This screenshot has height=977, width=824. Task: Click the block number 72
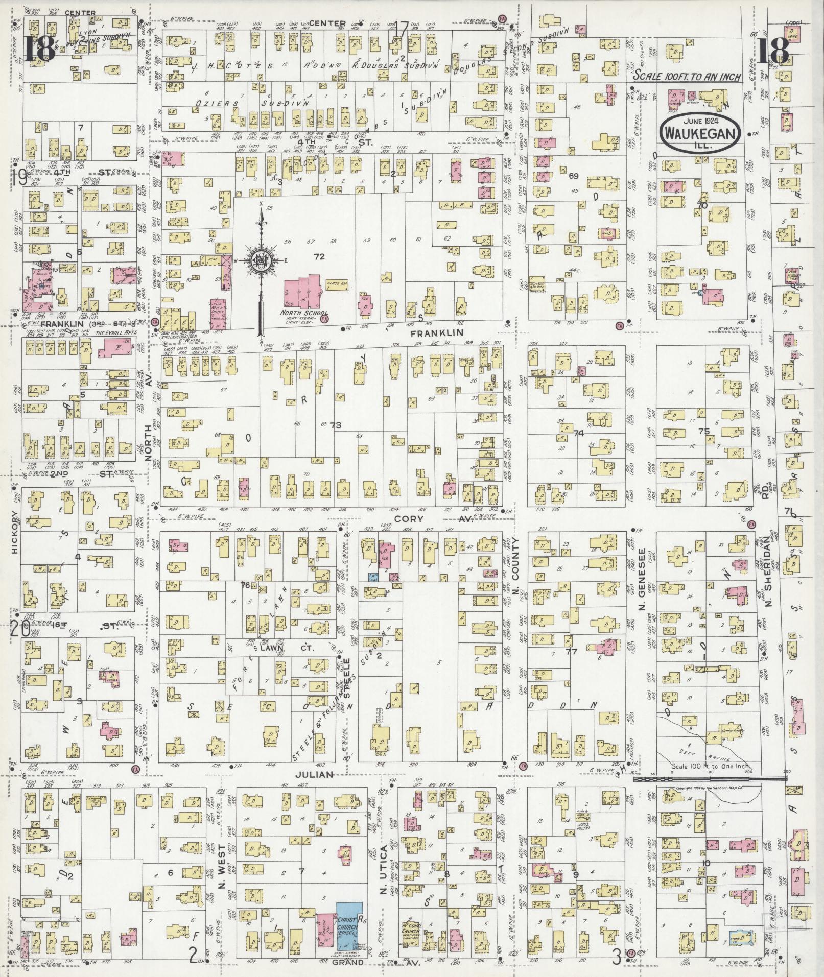pos(319,256)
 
